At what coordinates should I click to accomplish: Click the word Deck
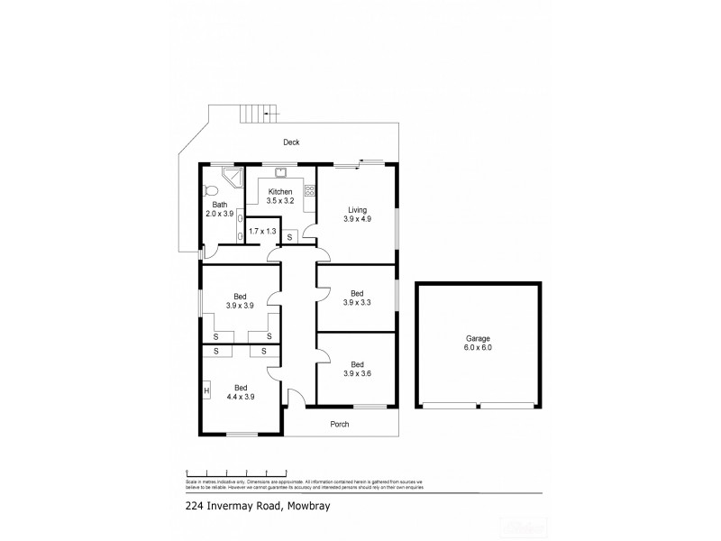pyautogui.click(x=290, y=142)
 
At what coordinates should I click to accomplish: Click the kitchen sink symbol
pyautogui.click(x=280, y=172)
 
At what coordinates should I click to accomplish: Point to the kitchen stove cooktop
pyautogui.click(x=310, y=190)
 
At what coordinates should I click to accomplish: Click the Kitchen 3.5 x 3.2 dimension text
pyautogui.click(x=280, y=201)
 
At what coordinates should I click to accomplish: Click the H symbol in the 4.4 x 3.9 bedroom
pyautogui.click(x=206, y=390)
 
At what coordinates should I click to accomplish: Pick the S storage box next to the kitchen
pyautogui.click(x=290, y=237)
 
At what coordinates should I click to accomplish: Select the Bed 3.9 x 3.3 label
pyautogui.click(x=356, y=298)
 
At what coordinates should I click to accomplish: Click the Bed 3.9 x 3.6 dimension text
pyautogui.click(x=356, y=373)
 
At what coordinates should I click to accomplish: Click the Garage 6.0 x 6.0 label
pyautogui.click(x=478, y=343)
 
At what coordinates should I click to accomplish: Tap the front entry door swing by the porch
pyautogui.click(x=293, y=396)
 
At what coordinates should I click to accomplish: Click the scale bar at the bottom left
pyautogui.click(x=236, y=471)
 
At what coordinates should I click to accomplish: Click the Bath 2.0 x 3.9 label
pyautogui.click(x=219, y=209)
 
